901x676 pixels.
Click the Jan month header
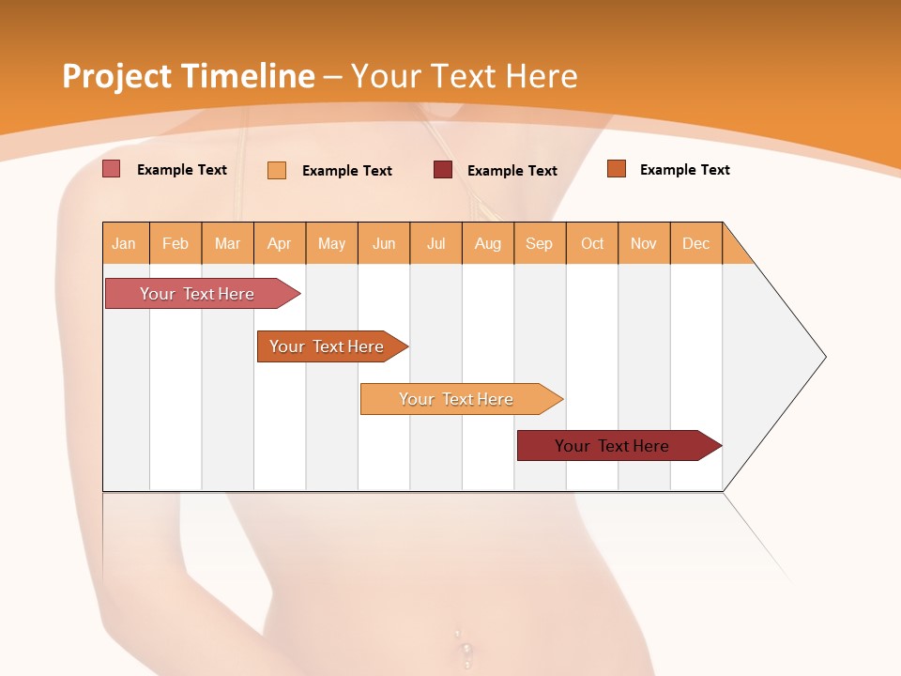point(125,243)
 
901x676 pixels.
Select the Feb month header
point(176,243)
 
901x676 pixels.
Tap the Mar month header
point(227,243)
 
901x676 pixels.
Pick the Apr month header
point(280,243)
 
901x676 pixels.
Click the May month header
point(331,243)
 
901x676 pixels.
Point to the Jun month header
point(384,243)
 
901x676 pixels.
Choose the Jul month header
point(435,243)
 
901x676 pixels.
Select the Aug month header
point(488,243)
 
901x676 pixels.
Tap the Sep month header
point(540,243)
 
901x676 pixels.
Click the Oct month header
point(592,243)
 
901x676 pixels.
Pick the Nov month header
point(644,243)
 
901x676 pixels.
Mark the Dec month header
point(696,243)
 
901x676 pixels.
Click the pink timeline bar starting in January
point(198,294)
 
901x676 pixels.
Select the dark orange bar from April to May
point(328,346)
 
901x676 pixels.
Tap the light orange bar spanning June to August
point(457,399)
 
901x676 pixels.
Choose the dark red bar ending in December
point(613,446)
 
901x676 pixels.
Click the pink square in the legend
point(112,169)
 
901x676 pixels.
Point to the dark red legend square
point(443,169)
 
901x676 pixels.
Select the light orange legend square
point(277,170)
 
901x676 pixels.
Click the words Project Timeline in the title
point(189,76)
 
